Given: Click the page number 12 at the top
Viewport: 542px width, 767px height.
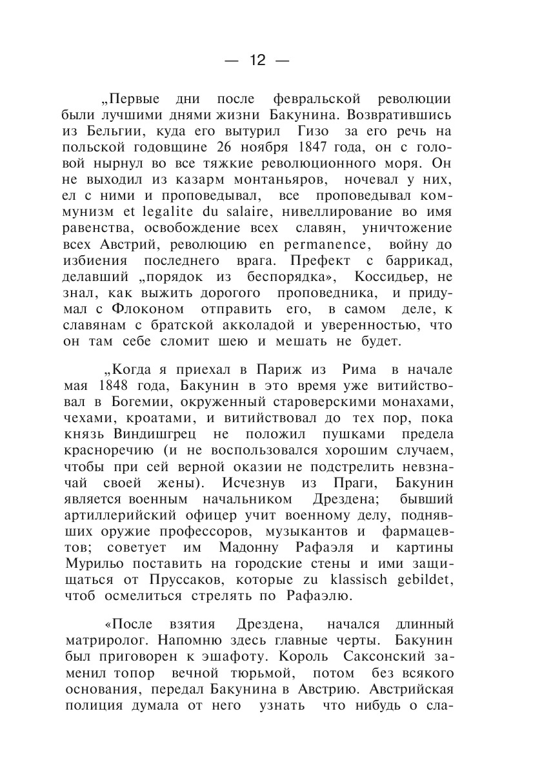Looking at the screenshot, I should tap(257, 61).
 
